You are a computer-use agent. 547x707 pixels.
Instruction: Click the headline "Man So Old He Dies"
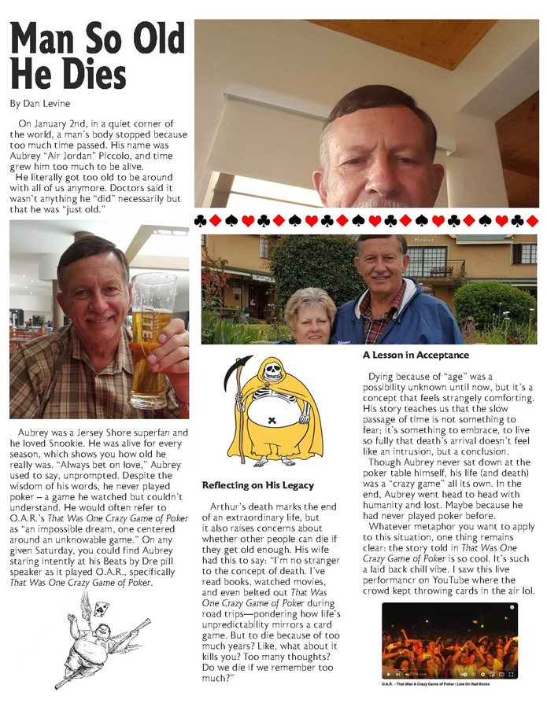tap(97, 57)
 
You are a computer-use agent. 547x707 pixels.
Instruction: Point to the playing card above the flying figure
tap(102, 608)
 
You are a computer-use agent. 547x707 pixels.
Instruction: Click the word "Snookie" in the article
tap(118, 443)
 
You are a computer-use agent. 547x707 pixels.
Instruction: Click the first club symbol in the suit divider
tap(201, 221)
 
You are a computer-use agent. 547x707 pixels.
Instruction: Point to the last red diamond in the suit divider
tap(532, 221)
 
